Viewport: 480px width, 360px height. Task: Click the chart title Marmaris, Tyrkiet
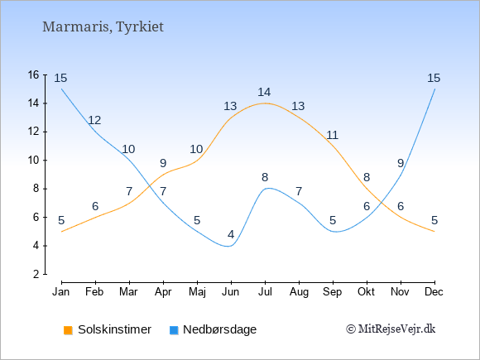103,27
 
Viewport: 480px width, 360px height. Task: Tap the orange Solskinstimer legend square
68,330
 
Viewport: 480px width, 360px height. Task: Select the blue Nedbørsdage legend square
174,330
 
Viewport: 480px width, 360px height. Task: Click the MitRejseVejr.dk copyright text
391,329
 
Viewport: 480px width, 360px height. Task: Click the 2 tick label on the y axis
36,274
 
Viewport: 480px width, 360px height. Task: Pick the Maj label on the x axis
197,292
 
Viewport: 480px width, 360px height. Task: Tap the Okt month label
366,292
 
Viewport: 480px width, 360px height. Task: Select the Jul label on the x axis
265,292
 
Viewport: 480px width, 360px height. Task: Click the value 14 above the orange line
264,92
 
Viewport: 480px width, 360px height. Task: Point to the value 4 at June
231,235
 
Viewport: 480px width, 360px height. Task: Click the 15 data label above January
60,78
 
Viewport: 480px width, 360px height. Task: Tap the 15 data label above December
434,78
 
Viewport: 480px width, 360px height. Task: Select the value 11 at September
332,135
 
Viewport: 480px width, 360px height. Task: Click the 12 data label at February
94,120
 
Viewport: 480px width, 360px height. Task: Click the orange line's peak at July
265,103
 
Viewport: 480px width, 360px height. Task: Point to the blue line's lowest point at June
228,246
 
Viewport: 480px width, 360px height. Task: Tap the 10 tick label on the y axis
34,160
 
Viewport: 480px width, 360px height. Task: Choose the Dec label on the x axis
434,292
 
